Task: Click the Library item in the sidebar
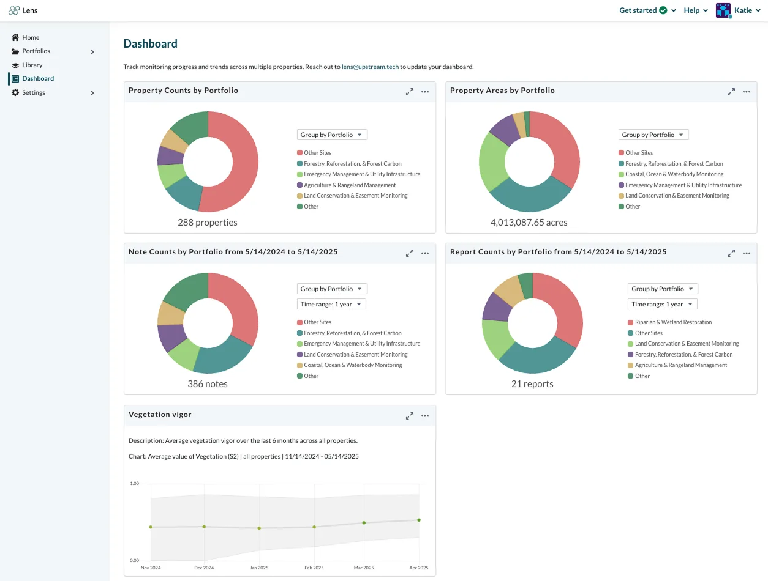coord(32,65)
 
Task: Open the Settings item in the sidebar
coord(34,92)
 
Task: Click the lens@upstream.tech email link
coord(370,67)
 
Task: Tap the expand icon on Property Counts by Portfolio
coord(409,92)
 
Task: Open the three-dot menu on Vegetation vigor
coord(425,416)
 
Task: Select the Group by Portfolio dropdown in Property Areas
coord(653,135)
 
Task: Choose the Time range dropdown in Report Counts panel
coord(662,304)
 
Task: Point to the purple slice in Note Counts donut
coord(170,336)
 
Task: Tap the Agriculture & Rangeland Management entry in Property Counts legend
coord(346,185)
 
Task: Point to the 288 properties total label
coord(208,223)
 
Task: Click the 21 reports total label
coord(532,384)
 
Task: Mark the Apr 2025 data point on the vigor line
coord(419,520)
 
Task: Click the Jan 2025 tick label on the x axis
coord(259,568)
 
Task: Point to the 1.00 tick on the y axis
coord(134,484)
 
